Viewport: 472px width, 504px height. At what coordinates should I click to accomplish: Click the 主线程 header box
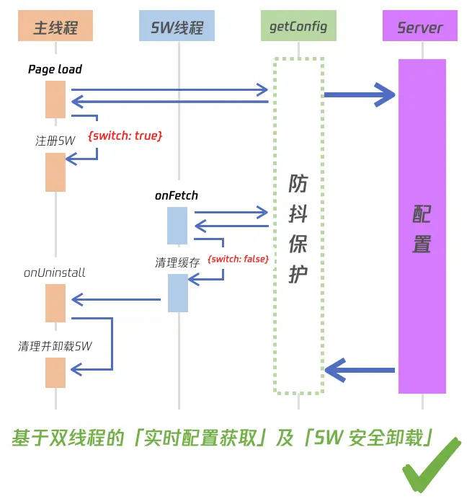(55, 27)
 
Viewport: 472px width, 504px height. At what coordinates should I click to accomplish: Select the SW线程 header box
(177, 27)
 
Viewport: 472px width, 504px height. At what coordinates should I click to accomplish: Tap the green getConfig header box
(298, 27)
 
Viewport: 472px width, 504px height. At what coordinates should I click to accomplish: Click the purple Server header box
(420, 27)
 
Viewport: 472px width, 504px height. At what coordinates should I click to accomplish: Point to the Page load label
(55, 69)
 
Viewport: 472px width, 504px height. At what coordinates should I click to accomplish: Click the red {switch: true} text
(125, 136)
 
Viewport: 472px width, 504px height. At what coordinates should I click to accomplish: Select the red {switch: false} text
(238, 259)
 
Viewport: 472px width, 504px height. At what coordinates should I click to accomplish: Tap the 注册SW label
(56, 141)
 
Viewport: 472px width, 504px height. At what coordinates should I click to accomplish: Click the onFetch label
(177, 195)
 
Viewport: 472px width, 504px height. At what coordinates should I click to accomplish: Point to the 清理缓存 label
(177, 262)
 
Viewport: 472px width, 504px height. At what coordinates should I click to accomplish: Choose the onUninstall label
(55, 273)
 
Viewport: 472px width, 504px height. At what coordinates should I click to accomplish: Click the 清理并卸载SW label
(55, 346)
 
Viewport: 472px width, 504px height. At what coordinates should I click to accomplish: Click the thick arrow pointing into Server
(360, 94)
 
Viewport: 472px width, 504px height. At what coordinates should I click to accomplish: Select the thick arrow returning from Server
(360, 371)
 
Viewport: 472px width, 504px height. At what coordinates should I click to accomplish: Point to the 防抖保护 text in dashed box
(298, 229)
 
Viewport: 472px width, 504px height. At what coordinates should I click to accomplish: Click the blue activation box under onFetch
(177, 226)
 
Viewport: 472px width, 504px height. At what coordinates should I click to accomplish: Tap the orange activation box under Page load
(55, 99)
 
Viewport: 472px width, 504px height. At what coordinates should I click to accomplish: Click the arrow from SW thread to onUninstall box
(115, 299)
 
